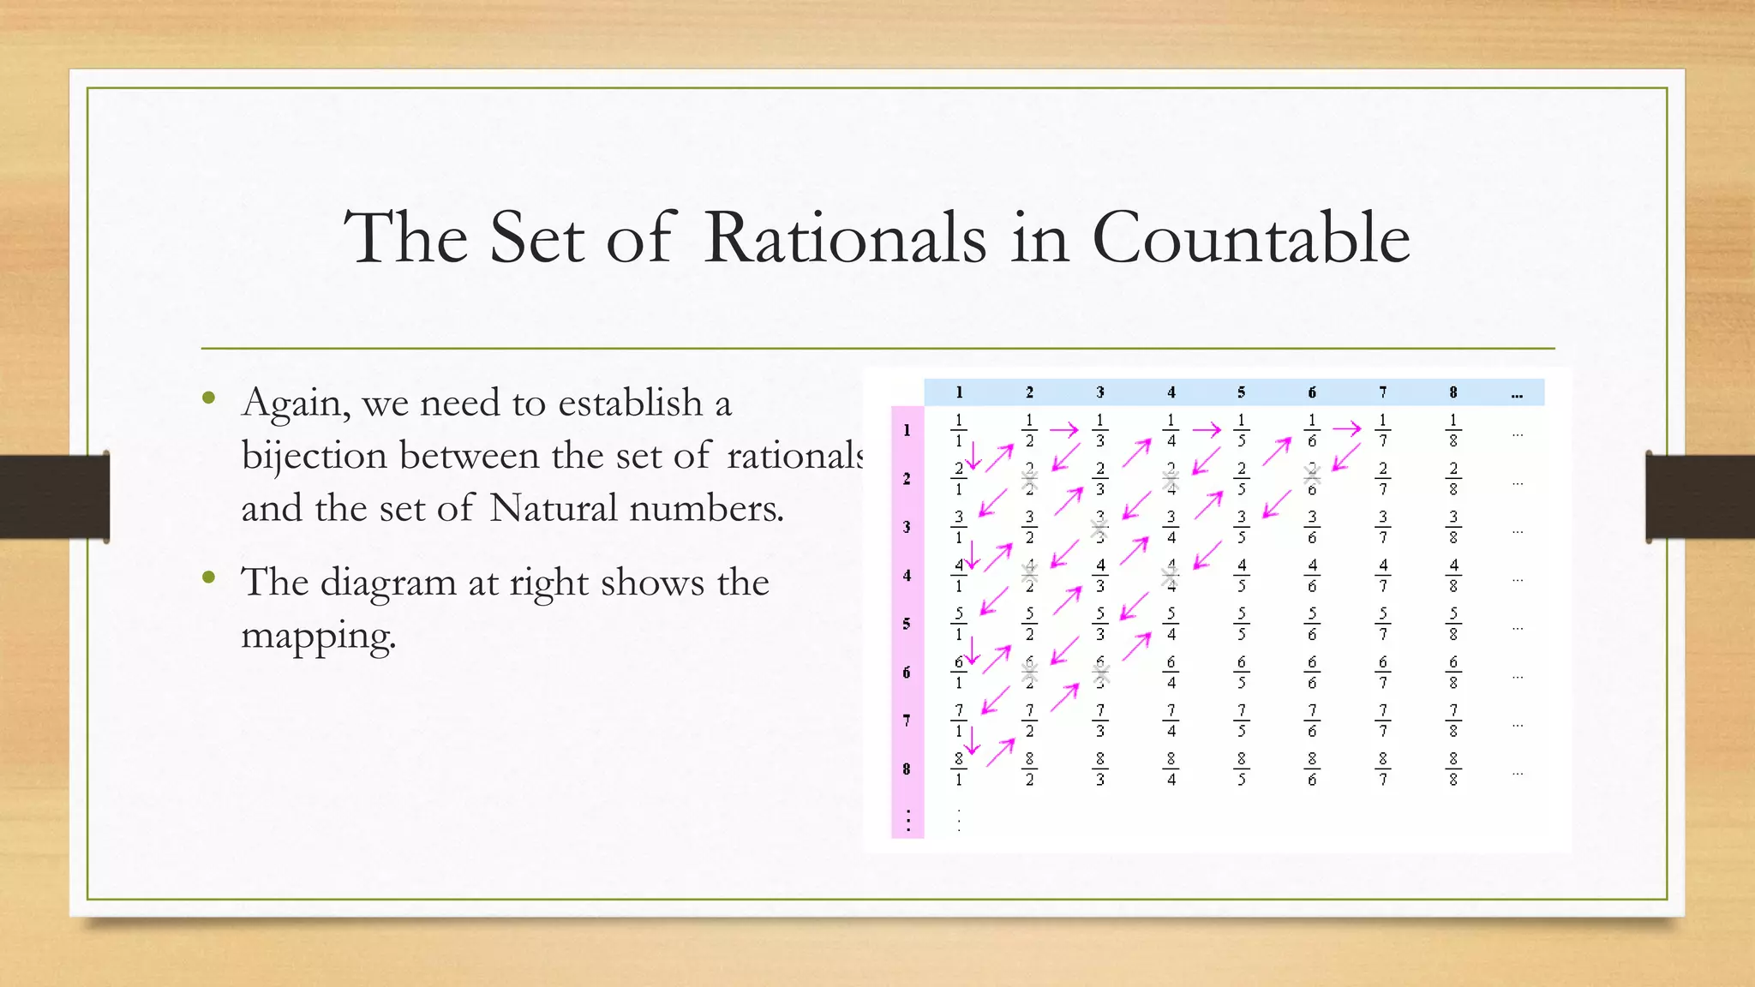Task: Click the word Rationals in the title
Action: pos(845,237)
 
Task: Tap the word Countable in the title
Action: pos(1250,237)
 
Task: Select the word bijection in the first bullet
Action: pos(314,456)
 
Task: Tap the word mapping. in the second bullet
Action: pos(319,636)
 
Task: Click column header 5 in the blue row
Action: pos(1241,392)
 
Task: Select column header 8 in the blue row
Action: pos(1453,392)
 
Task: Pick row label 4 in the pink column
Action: pos(907,576)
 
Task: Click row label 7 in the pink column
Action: pos(907,721)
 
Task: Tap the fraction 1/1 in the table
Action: pos(959,430)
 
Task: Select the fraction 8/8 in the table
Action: pos(1453,769)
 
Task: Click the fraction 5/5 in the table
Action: pos(1242,624)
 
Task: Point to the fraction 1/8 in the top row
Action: pos(1453,430)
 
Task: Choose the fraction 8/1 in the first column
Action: pos(959,769)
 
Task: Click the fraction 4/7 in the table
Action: pos(1382,576)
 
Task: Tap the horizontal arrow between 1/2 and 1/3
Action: pos(1064,430)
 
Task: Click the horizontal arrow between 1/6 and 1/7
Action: pos(1346,428)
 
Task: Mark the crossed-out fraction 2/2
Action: pos(1030,478)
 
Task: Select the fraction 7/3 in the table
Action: pos(1100,721)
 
